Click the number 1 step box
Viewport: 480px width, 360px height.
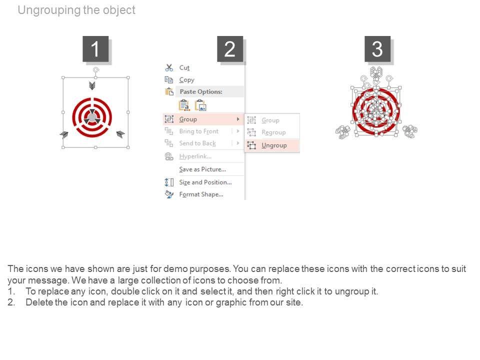point(95,49)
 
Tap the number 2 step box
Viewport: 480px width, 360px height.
point(230,49)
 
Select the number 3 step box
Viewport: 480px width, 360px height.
point(377,49)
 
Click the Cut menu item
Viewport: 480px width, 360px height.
point(184,67)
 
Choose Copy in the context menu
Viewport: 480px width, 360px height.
point(186,80)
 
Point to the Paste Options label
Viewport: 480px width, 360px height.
point(201,91)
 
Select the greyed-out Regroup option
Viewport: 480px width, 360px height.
point(273,132)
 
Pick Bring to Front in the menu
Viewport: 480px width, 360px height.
point(198,131)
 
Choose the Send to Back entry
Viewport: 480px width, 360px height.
point(197,143)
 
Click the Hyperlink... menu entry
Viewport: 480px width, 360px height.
point(195,156)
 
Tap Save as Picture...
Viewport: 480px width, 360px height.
point(202,169)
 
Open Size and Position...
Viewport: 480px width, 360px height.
point(205,182)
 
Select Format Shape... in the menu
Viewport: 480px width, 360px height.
point(201,194)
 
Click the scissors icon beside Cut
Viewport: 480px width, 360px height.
point(169,67)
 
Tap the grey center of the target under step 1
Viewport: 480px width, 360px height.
point(92,117)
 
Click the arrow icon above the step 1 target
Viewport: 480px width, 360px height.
point(92,85)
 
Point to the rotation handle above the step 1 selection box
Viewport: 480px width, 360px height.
point(96,70)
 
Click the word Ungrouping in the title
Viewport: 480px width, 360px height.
point(49,10)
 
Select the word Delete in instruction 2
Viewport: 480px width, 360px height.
point(39,302)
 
